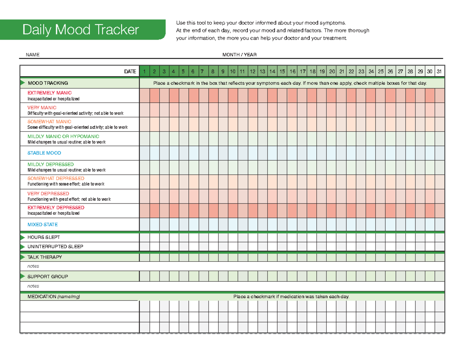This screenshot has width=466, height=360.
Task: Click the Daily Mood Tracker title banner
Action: tap(81, 30)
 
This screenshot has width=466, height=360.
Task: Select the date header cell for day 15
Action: tap(282, 71)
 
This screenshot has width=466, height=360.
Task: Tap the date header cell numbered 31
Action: tap(439, 71)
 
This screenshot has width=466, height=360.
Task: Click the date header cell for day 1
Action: tap(144, 71)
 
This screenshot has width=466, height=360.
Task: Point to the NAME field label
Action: tap(32, 55)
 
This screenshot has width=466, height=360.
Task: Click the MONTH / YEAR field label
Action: tap(239, 55)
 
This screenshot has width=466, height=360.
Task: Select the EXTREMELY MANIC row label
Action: tap(49, 93)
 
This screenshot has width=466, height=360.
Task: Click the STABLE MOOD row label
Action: tap(44, 153)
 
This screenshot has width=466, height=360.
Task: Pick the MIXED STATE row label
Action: tap(42, 224)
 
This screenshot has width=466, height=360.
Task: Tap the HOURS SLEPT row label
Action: tap(43, 237)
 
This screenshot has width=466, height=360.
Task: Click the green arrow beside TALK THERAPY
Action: tap(22, 257)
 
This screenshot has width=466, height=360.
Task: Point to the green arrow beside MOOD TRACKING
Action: tap(22, 83)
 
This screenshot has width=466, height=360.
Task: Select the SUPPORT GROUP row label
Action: tap(47, 277)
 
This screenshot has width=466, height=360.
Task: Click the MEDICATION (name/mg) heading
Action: tap(54, 297)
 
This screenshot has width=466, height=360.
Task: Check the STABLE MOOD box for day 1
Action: tap(144, 153)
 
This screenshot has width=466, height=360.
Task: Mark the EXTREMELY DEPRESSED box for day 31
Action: tap(439, 210)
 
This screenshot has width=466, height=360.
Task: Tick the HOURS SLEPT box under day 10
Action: tap(233, 237)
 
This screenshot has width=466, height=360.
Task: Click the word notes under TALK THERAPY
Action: tap(33, 266)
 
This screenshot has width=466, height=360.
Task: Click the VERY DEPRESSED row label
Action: tap(48, 193)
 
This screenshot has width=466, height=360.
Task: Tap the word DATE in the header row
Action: tap(130, 71)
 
